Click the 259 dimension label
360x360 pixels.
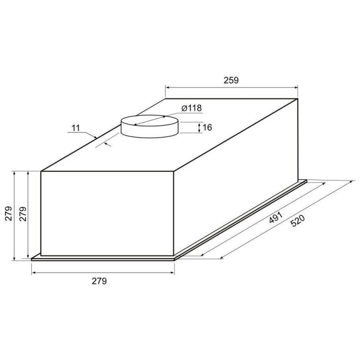231,80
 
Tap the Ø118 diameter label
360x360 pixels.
191,108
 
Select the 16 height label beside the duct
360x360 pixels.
207,128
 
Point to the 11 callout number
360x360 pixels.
76,128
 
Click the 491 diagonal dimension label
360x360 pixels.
276,217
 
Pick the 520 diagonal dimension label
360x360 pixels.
298,221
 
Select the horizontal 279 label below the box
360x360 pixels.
99,281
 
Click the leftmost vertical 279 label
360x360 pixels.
9,213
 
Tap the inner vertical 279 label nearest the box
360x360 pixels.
23,214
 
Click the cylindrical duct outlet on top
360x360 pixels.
150,127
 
